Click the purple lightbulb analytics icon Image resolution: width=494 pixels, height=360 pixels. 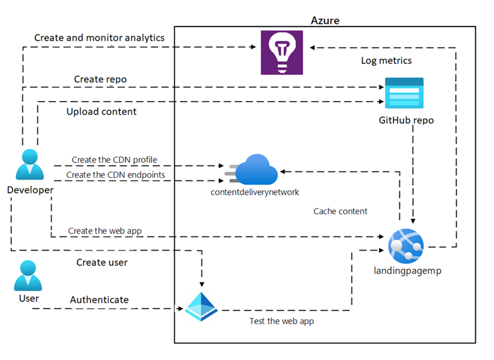click(282, 53)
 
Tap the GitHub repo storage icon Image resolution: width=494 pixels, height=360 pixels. click(404, 93)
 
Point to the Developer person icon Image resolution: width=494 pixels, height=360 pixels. click(29, 166)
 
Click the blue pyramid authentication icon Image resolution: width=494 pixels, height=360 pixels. click(202, 307)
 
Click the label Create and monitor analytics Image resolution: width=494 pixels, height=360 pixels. click(99, 38)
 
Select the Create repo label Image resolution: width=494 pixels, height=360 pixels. click(100, 79)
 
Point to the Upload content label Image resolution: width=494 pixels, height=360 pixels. click(101, 112)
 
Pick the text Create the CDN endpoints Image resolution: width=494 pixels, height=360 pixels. click(116, 175)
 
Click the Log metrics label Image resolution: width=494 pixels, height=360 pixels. click(386, 60)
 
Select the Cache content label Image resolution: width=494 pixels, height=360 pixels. click(341, 211)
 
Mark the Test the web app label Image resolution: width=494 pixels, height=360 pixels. click(282, 321)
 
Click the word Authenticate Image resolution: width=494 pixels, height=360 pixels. click(99, 300)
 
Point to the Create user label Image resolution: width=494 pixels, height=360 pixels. click(102, 262)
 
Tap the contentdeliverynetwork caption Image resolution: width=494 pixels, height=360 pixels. click(255, 192)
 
